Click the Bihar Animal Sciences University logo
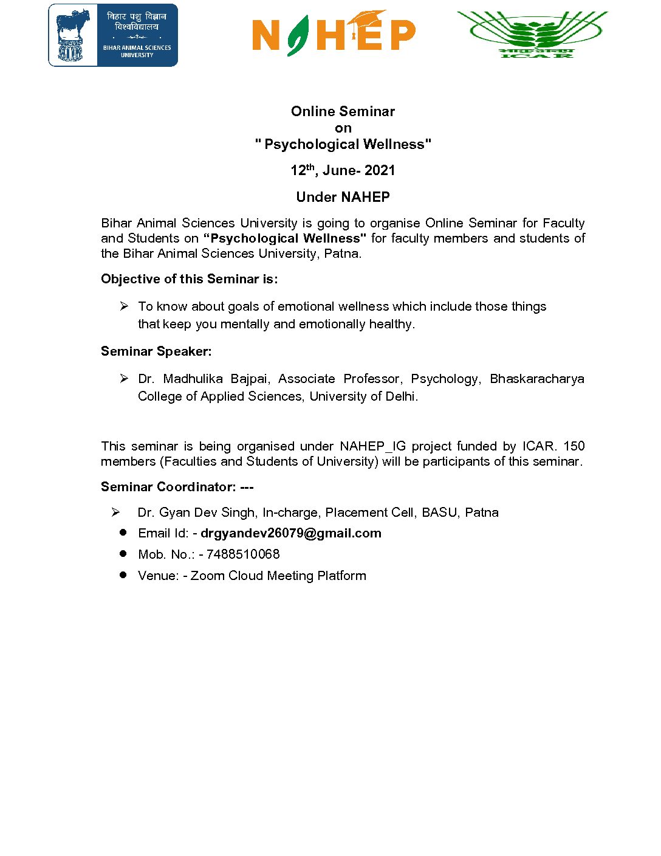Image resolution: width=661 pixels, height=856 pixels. [113, 35]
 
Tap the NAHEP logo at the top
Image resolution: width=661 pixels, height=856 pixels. [334, 34]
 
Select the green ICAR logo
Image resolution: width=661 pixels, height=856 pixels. [533, 35]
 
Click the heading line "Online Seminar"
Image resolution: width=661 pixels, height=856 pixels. [343, 111]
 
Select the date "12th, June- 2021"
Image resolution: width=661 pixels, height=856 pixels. [343, 170]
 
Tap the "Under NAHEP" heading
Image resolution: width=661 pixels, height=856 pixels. [343, 197]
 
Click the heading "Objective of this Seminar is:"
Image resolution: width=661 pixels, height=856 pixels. [189, 279]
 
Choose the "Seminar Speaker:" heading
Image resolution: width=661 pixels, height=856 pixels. [156, 351]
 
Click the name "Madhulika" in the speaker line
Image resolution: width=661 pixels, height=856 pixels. [193, 379]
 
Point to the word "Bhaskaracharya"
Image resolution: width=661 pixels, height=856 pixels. [536, 379]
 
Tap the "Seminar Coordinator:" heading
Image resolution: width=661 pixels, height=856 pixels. [168, 487]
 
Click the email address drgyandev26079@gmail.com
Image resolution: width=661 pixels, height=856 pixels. [291, 533]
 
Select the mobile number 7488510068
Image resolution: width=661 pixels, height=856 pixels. [243, 554]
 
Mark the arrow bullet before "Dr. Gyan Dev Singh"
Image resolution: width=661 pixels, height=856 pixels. [115, 513]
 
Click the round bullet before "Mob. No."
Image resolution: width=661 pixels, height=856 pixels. [123, 554]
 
